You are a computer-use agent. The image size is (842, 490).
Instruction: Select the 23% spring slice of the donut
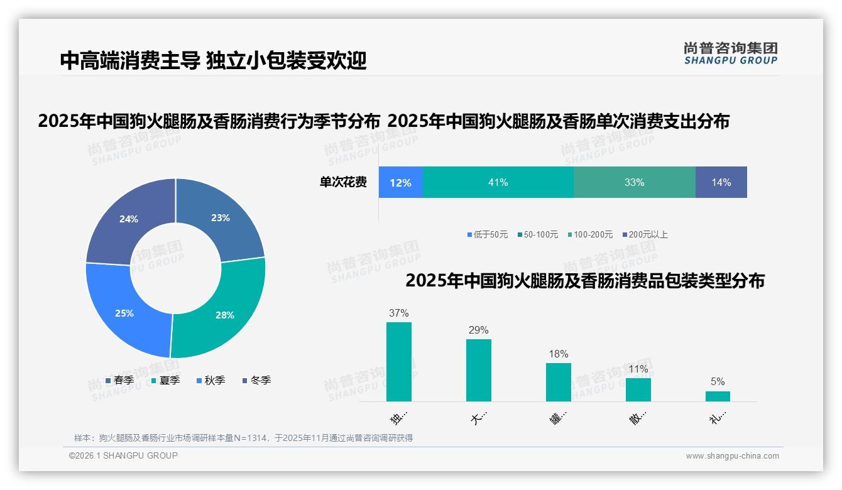[220, 220]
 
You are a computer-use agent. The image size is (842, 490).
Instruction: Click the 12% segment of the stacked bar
[400, 182]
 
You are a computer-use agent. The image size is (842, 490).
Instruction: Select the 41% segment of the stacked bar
[498, 182]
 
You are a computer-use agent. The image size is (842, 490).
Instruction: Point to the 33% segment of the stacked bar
[634, 182]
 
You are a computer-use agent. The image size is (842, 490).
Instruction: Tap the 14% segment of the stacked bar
[721, 182]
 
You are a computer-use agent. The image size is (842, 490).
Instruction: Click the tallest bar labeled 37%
[398, 362]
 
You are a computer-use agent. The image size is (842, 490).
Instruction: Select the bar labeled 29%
[478, 370]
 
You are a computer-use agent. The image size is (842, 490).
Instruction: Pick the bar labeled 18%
[558, 382]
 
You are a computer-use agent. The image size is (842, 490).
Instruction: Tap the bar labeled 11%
[638, 389]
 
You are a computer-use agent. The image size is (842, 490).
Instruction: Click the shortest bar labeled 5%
[718, 396]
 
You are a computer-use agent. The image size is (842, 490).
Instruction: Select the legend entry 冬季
[256, 380]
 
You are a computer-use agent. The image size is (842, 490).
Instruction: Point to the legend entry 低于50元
[487, 234]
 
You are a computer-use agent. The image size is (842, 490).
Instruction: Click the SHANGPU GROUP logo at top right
[730, 53]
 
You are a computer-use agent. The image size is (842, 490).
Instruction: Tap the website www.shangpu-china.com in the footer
[732, 455]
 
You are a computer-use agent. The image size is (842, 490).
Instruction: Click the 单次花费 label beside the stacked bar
[343, 182]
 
